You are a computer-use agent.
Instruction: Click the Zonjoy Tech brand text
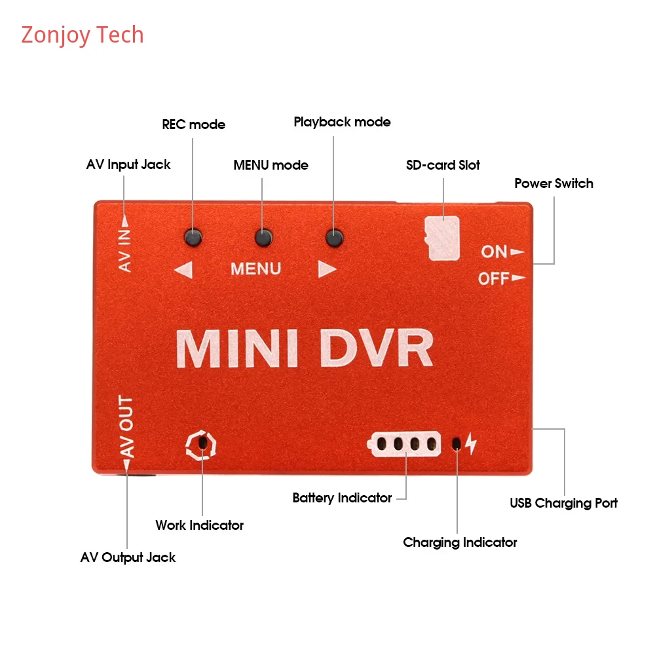(x=83, y=35)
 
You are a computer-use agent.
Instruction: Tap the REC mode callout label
(x=193, y=124)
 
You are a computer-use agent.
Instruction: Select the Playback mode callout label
(x=342, y=122)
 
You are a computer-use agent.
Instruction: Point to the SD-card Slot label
(x=443, y=165)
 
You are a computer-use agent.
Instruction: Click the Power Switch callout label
(x=553, y=183)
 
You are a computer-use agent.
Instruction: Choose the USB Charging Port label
(x=563, y=503)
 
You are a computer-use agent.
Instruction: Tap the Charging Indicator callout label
(x=460, y=542)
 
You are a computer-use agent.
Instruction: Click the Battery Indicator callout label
(x=342, y=498)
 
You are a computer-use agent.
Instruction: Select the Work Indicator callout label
(x=199, y=525)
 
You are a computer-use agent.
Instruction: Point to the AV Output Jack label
(x=128, y=557)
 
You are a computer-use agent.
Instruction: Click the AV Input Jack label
(x=128, y=164)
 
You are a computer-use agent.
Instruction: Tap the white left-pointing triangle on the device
(x=183, y=269)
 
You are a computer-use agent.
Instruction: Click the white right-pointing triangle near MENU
(x=327, y=269)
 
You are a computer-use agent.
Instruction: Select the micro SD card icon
(x=443, y=238)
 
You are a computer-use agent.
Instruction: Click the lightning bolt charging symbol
(x=472, y=444)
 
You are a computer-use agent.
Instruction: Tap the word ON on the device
(x=495, y=252)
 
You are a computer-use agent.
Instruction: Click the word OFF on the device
(x=494, y=279)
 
